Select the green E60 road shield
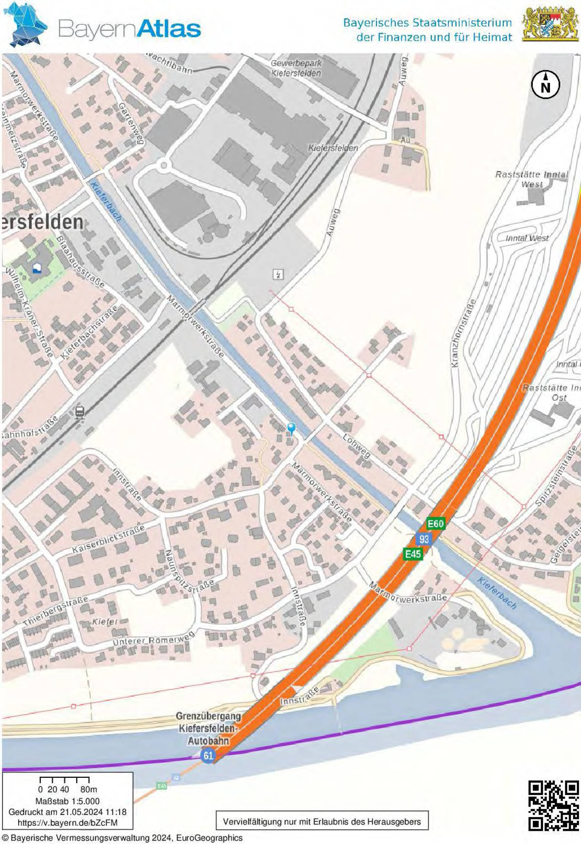[435, 524]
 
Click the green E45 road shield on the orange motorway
[413, 554]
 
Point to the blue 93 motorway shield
[424, 539]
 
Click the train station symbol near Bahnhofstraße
[79, 413]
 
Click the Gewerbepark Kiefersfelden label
[296, 68]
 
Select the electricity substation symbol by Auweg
[278, 274]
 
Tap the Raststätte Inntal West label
[531, 179]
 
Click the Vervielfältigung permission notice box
[322, 822]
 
